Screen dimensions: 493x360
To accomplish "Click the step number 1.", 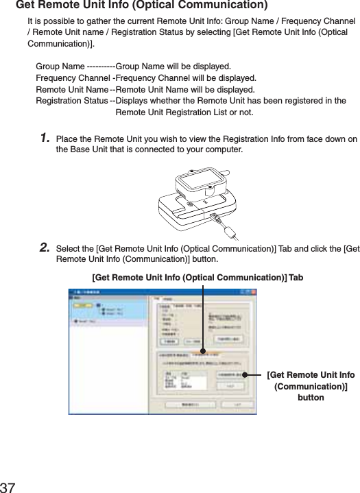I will (45, 139).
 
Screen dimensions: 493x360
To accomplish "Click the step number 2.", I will (45, 247).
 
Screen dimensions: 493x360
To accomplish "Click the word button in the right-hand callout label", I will (311, 398).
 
